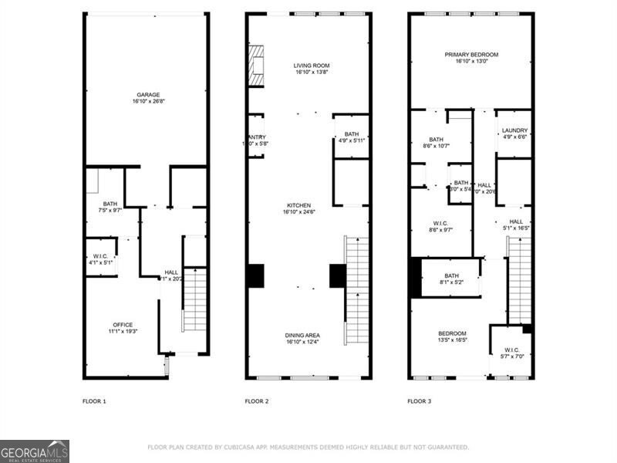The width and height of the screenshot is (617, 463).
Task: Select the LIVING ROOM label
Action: coord(312,66)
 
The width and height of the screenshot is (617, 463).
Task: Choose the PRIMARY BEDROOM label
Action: coord(471,55)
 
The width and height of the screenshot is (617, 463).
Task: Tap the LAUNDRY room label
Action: coord(514,130)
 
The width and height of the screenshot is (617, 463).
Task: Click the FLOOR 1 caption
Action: coord(94,401)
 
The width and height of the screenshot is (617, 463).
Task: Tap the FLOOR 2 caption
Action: coord(257,401)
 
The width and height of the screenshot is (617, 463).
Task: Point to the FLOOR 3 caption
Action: coord(420,401)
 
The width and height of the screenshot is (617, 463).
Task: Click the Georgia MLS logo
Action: coord(35,451)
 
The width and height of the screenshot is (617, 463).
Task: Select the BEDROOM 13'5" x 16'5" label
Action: coord(451,336)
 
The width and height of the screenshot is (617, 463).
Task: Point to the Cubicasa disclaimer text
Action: coord(308,447)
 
